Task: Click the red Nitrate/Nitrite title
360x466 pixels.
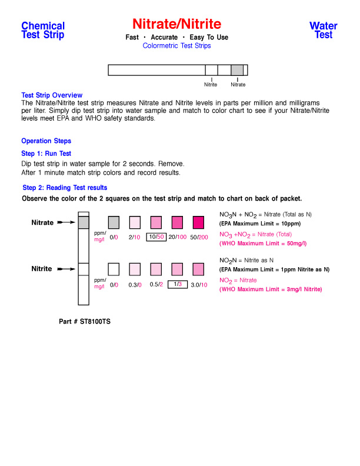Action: pos(176,24)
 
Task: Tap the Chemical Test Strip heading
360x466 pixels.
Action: pos(43,30)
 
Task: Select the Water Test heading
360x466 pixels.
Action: pos(323,30)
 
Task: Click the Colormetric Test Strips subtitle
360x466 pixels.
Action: pos(176,45)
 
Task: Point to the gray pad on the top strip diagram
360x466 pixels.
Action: pos(236,70)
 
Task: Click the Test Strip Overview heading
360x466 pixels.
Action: pos(52,95)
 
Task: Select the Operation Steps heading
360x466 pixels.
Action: pos(46,141)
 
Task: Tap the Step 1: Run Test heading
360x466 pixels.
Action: pos(46,154)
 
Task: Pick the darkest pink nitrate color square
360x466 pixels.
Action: pos(198,222)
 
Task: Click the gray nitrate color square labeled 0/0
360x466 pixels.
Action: pos(114,222)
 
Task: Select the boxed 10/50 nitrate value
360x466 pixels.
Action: pos(156,237)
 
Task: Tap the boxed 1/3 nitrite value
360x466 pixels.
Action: pos(177,284)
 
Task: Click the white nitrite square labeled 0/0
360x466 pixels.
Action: pos(114,269)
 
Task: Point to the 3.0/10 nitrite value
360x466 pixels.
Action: pos(199,285)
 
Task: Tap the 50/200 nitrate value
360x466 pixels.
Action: pos(199,237)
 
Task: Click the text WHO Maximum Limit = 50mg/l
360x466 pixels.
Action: pos(263,243)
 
